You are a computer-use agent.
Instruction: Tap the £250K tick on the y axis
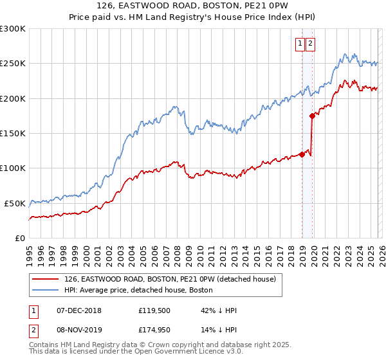(x=12, y=64)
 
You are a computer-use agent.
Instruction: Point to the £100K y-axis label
(x=12, y=168)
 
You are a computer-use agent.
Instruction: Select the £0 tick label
(x=19, y=238)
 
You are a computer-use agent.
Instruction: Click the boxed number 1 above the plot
(x=300, y=44)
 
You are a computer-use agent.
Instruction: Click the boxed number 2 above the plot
(x=310, y=44)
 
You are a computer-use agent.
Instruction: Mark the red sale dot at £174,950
(x=312, y=116)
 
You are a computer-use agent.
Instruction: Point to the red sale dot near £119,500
(x=302, y=154)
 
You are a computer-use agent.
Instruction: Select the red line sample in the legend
(x=46, y=279)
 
